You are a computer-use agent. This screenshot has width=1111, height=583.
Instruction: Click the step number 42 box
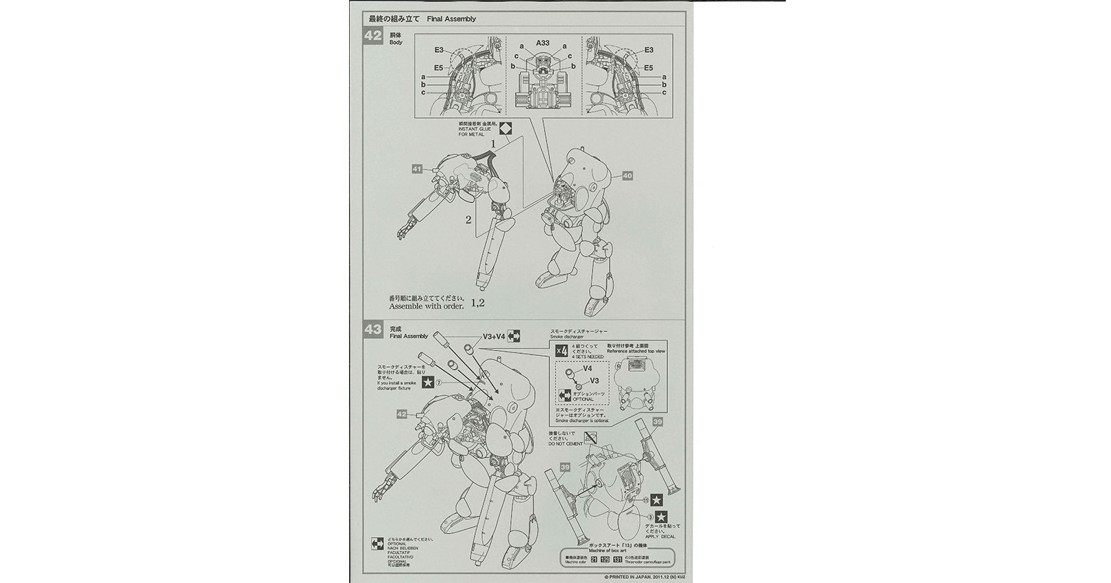(373, 38)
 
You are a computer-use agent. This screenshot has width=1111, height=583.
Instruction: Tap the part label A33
(543, 43)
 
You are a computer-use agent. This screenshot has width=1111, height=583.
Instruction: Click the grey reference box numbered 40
(627, 176)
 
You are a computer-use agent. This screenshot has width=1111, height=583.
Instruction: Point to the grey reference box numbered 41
(417, 169)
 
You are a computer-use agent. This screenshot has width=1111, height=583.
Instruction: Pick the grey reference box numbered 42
(403, 414)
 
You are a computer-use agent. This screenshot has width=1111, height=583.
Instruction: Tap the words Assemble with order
(426, 307)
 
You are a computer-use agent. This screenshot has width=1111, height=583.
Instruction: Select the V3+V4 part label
(494, 337)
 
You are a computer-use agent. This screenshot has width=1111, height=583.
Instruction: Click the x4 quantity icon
(562, 352)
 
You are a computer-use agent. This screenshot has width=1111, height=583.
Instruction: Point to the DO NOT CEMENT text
(565, 444)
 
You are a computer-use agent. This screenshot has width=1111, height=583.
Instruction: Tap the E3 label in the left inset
(439, 50)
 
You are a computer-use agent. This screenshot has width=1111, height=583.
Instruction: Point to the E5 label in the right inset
(648, 67)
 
